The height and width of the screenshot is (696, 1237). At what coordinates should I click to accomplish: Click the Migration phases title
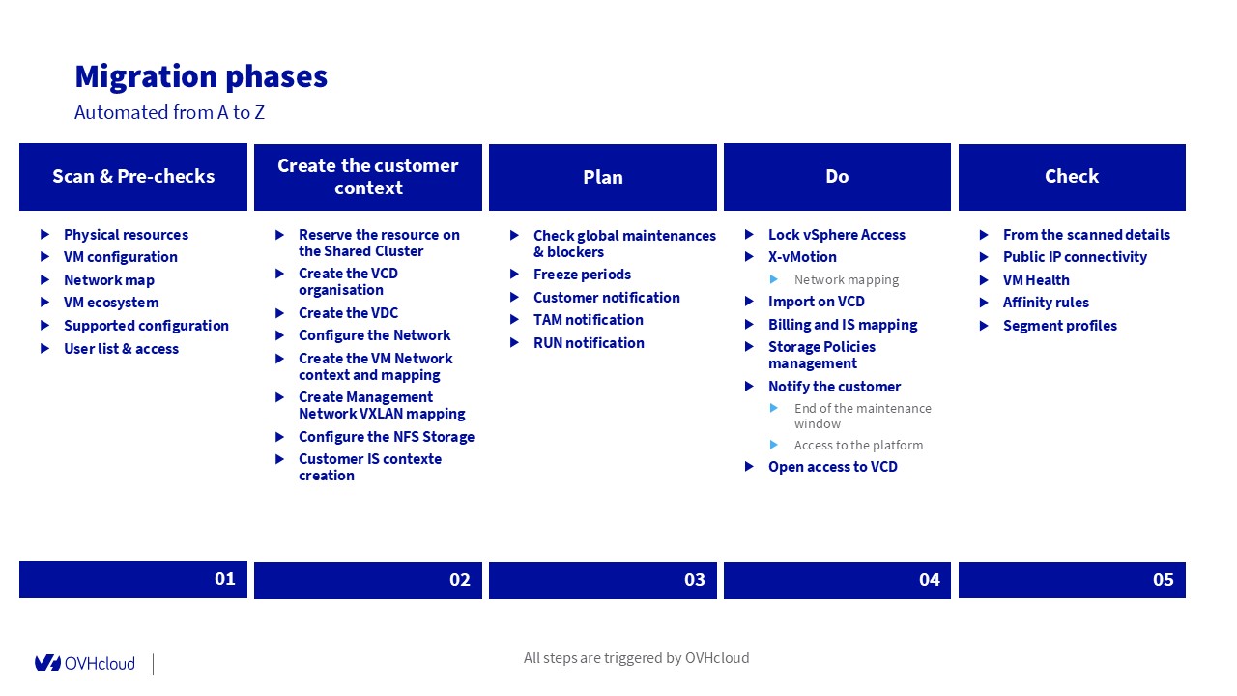point(201,76)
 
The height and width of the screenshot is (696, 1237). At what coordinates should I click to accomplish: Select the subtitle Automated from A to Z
point(169,112)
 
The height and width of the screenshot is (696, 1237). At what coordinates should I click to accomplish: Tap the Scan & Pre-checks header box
point(133,177)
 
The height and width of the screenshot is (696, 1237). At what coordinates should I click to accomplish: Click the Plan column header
point(602,177)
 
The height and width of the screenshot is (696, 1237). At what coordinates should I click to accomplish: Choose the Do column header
point(837,177)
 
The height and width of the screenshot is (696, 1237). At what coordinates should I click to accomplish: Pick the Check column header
point(1072,177)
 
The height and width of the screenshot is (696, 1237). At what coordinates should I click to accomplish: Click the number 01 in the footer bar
point(225,578)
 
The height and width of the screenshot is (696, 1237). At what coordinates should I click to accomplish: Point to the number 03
point(695,579)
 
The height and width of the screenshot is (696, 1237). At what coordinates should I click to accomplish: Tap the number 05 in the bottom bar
point(1164,579)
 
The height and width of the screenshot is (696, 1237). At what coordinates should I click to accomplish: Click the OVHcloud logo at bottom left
point(84,663)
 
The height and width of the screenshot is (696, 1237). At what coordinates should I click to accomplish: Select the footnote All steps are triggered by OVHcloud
point(636,658)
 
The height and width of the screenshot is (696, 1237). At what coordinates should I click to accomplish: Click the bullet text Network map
point(109,280)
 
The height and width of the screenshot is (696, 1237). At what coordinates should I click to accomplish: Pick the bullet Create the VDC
point(348,312)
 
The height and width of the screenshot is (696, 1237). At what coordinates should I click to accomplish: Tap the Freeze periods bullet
point(582,274)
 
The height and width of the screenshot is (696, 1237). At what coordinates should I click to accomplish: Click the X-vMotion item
point(802,257)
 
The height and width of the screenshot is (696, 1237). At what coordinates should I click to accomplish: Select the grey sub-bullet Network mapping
point(846,280)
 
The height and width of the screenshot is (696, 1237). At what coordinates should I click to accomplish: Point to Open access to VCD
point(833,467)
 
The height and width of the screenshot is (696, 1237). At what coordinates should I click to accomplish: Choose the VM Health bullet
point(1036,280)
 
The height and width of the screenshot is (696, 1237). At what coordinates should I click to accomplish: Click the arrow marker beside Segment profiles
point(984,326)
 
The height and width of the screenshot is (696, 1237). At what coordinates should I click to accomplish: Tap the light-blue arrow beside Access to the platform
point(774,444)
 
